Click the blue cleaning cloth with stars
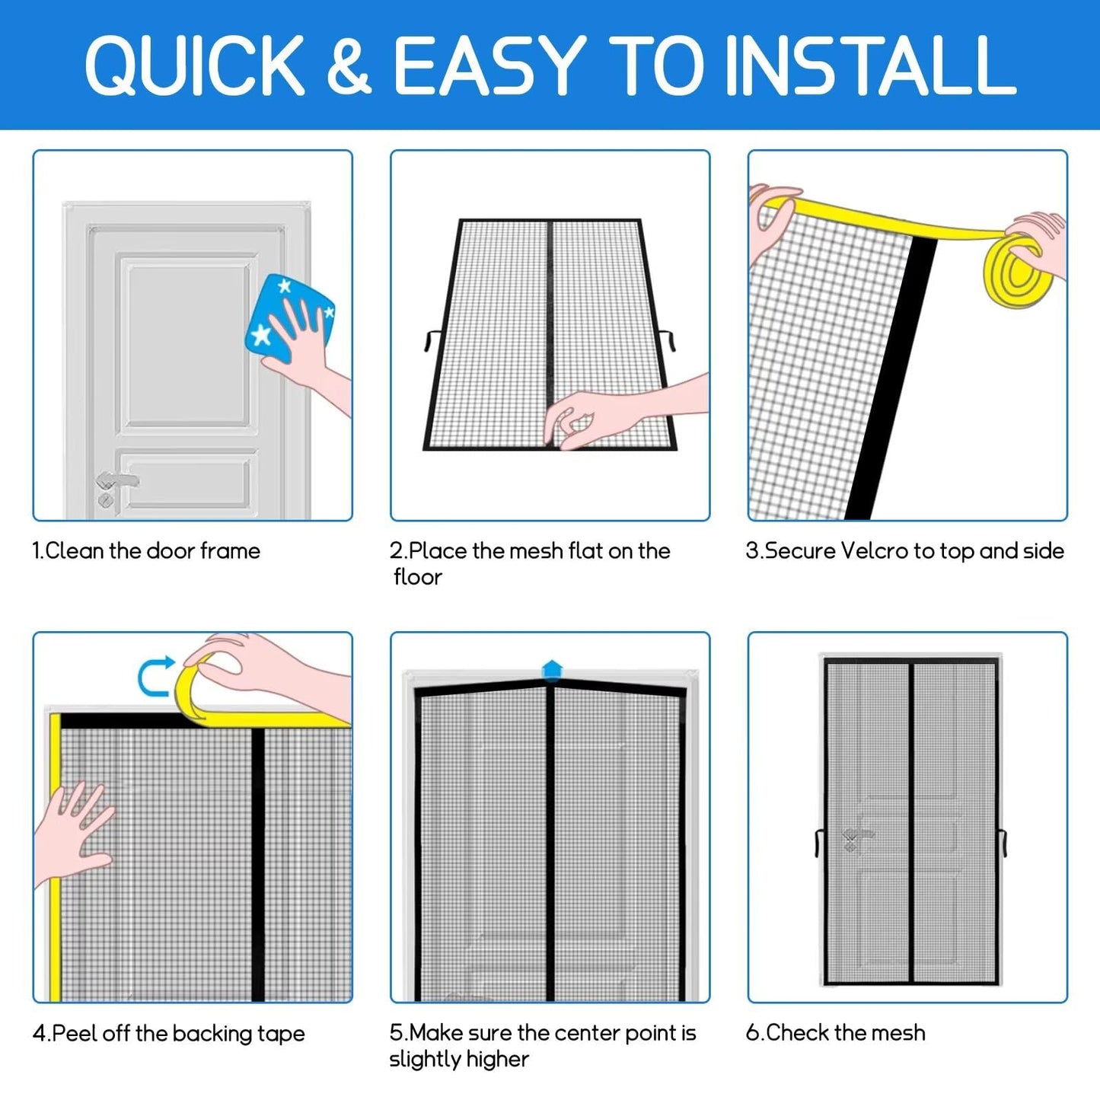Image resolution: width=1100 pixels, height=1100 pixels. pos(289,320)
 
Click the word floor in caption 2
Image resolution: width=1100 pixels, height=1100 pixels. pos(418,577)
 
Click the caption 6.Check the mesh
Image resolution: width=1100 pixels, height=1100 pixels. pos(835,1033)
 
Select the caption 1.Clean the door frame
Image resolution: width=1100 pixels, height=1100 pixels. pos(146,550)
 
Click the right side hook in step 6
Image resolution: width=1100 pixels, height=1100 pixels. pos(1003,843)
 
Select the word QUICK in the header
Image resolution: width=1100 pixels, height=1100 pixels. pos(195,65)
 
